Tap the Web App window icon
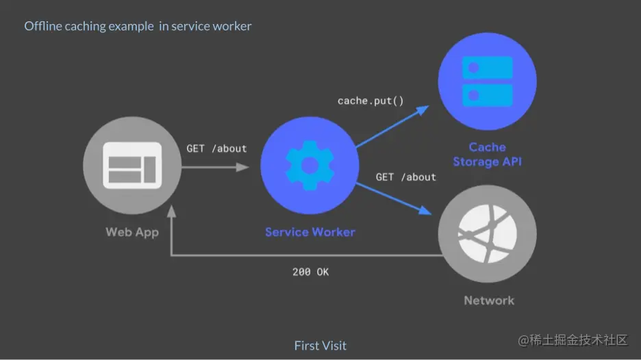[x=132, y=165]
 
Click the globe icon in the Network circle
[x=488, y=238]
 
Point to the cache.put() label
[x=370, y=101]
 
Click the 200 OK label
[x=310, y=272]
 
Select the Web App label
[x=132, y=232]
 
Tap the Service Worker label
[x=310, y=232]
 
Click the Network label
[x=489, y=300]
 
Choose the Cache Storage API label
[x=488, y=155]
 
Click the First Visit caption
[x=320, y=345]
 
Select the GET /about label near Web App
[x=216, y=149]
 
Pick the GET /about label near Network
[x=406, y=177]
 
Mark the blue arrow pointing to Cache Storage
[x=392, y=127]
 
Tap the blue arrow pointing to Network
[x=397, y=198]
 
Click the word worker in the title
[x=233, y=27]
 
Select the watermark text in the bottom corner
[x=573, y=340]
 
